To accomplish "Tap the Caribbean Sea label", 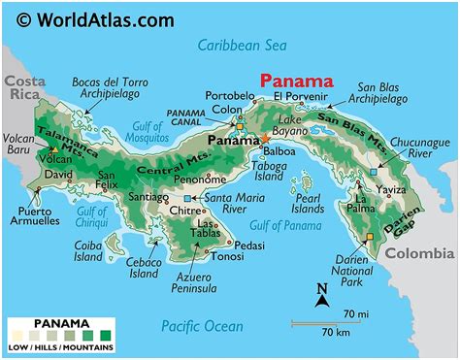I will coord(243,45).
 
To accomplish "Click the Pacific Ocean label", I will coord(201,326).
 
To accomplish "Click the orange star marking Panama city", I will coord(264,139).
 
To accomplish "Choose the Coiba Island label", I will coord(89,251).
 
